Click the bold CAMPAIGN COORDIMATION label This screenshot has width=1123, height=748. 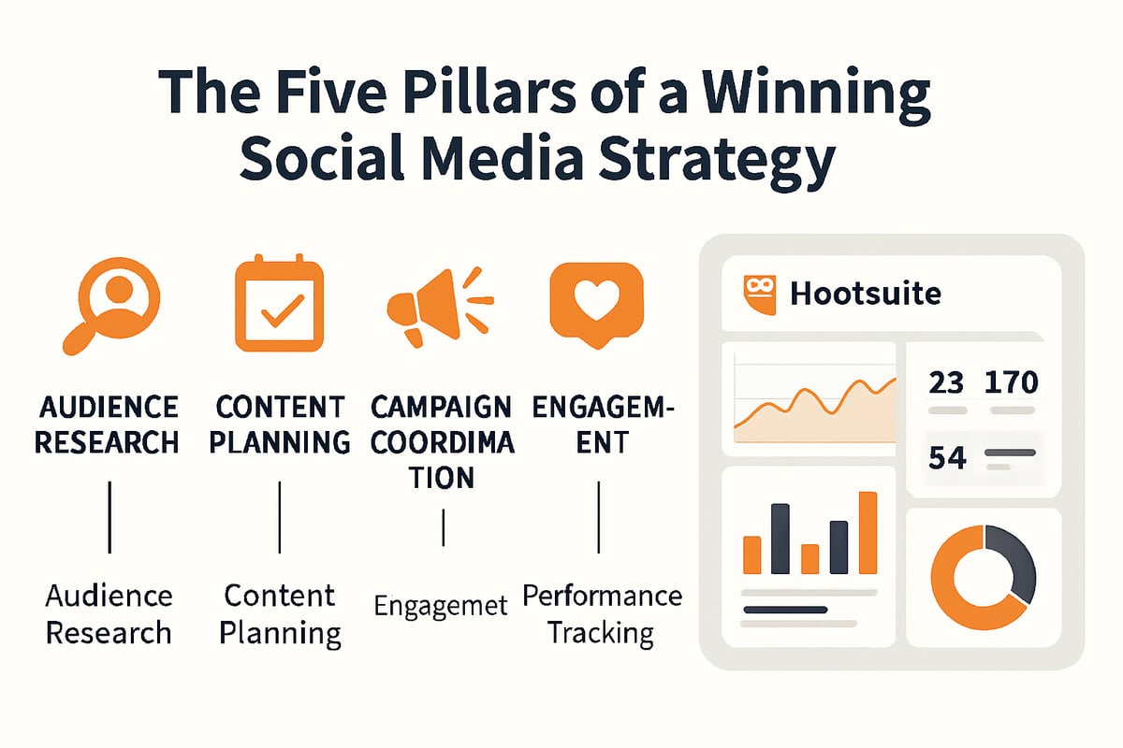click(x=442, y=442)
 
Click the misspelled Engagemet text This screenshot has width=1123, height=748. click(x=441, y=605)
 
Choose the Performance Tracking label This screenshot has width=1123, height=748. click(x=602, y=613)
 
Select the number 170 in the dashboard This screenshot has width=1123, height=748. click(x=1012, y=382)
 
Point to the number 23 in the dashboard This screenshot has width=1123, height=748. click(x=945, y=382)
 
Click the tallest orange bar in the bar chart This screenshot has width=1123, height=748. click(x=868, y=532)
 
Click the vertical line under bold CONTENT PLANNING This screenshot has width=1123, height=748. click(x=280, y=518)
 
